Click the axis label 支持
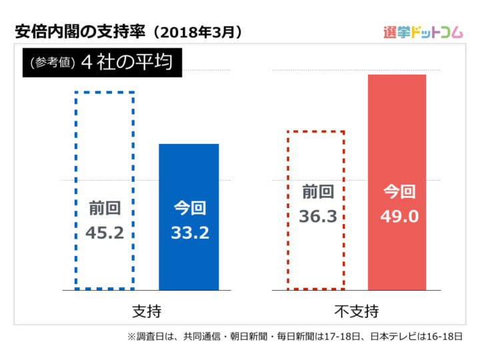[147, 311]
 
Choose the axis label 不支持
[356, 311]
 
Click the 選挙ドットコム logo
[423, 31]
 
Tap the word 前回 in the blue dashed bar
[105, 209]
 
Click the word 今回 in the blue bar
[189, 209]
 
